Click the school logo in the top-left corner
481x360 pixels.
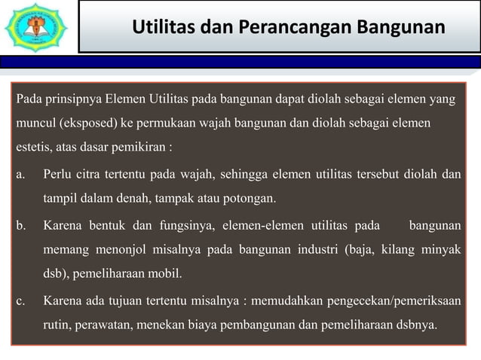click(x=35, y=28)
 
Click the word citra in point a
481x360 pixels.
click(x=103, y=176)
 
